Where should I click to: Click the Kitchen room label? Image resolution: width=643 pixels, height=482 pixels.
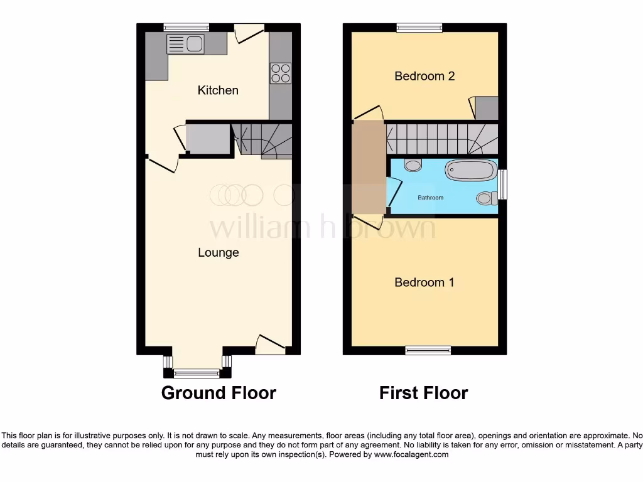218,90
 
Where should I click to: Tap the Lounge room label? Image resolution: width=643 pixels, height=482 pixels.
219,253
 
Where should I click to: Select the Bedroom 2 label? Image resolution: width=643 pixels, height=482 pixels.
424,76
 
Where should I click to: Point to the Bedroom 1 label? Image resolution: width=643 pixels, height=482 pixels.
424,282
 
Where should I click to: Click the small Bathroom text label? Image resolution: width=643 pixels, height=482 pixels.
431,198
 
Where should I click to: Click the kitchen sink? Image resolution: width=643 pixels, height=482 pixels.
185,44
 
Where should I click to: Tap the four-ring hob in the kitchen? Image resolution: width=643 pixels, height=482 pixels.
281,73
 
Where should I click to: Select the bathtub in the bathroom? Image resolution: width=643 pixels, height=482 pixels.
470,170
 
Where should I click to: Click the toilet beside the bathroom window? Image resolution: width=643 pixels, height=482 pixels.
486,198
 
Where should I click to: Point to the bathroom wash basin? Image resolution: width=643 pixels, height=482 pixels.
413,166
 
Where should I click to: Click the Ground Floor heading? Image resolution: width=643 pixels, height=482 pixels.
219,393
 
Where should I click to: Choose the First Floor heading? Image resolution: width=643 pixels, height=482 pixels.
424,393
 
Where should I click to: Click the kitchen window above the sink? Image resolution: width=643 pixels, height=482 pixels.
186,27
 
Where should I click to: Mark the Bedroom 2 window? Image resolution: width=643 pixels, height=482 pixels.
419,27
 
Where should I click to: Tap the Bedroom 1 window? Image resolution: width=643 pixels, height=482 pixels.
428,350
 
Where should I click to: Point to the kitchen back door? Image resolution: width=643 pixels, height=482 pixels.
249,33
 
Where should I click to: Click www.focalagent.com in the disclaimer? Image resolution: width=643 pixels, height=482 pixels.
411,454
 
